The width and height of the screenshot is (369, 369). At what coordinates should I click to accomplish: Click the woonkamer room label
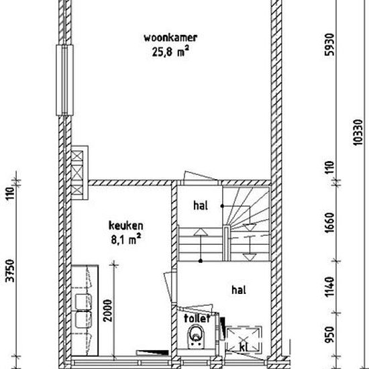(x=170, y=38)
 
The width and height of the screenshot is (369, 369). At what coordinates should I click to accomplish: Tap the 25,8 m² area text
(x=170, y=52)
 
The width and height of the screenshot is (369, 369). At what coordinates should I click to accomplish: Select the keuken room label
(x=125, y=225)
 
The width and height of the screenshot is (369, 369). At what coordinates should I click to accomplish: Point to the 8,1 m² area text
(x=125, y=240)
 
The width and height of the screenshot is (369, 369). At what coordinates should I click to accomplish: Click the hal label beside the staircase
(x=201, y=205)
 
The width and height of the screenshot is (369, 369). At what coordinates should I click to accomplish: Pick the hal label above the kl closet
(x=239, y=290)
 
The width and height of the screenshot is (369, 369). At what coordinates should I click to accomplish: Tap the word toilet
(x=197, y=318)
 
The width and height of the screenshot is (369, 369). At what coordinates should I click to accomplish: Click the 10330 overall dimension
(x=358, y=132)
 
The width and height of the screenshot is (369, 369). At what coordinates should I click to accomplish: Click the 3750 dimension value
(x=11, y=270)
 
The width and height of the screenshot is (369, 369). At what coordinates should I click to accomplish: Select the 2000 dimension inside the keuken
(x=108, y=311)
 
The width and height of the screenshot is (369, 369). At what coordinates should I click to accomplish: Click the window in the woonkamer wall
(x=64, y=80)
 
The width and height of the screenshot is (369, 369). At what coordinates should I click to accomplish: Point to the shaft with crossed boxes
(x=79, y=172)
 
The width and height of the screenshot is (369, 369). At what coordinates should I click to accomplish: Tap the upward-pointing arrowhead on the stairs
(x=201, y=232)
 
